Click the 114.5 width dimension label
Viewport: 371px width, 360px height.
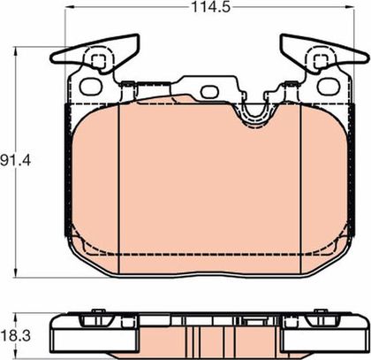pos(210,7)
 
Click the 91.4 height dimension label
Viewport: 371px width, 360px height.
pos(15,161)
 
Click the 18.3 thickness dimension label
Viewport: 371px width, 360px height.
pos(15,336)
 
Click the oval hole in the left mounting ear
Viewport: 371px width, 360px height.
pos(91,87)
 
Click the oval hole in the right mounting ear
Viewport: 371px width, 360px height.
pos(329,87)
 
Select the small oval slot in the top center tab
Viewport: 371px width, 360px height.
pos(208,92)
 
